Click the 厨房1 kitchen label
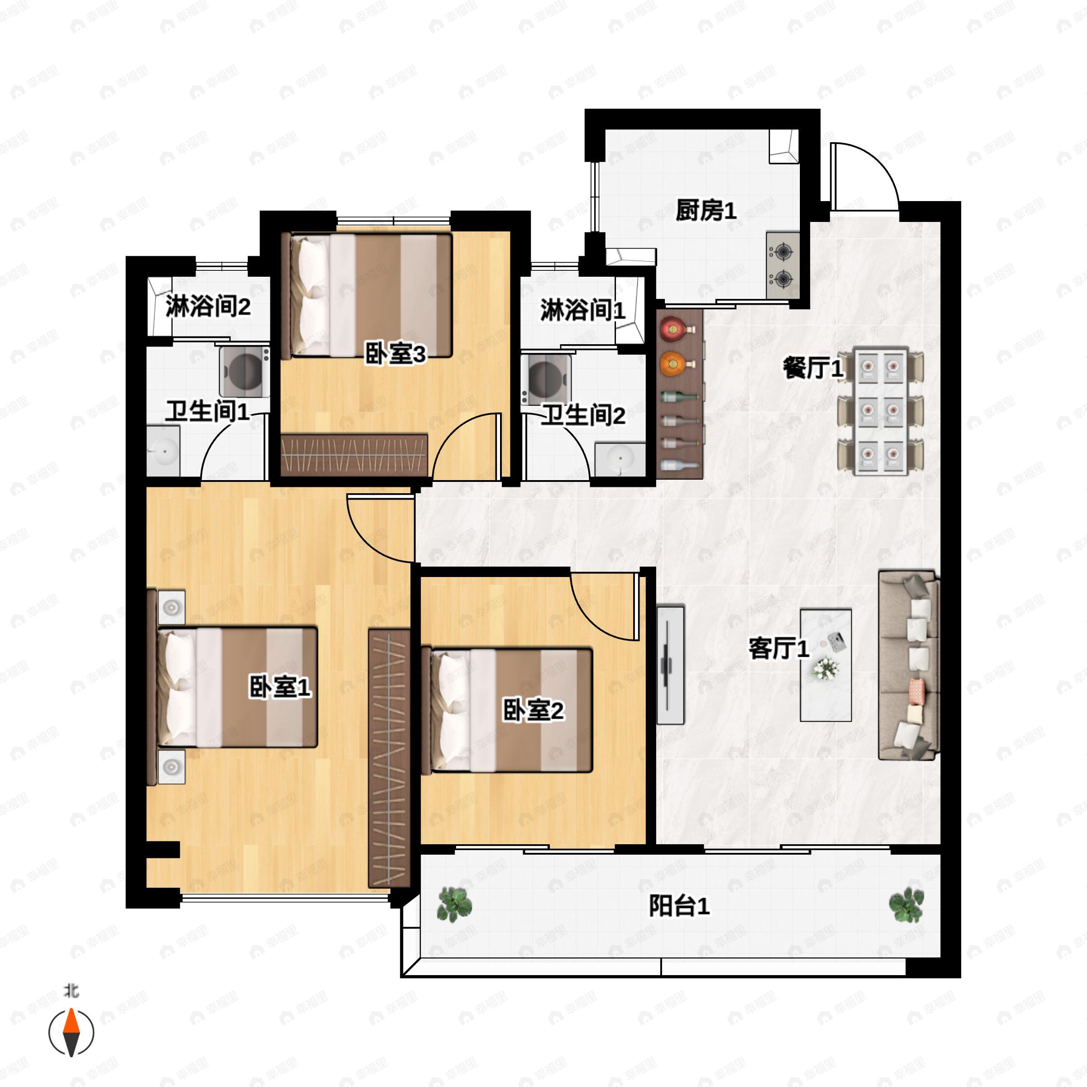click(x=706, y=211)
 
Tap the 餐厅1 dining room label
click(x=813, y=369)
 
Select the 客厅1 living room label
click(x=779, y=649)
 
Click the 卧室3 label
click(x=395, y=355)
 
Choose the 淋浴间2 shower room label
click(x=207, y=307)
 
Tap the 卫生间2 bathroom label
click(x=583, y=416)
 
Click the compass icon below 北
click(x=72, y=1033)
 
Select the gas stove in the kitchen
click(x=783, y=265)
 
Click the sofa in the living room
click(x=909, y=664)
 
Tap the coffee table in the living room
click(x=825, y=665)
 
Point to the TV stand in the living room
click(x=671, y=664)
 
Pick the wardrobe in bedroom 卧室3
click(x=354, y=455)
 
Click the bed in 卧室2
click(x=506, y=711)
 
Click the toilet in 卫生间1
click(x=244, y=372)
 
